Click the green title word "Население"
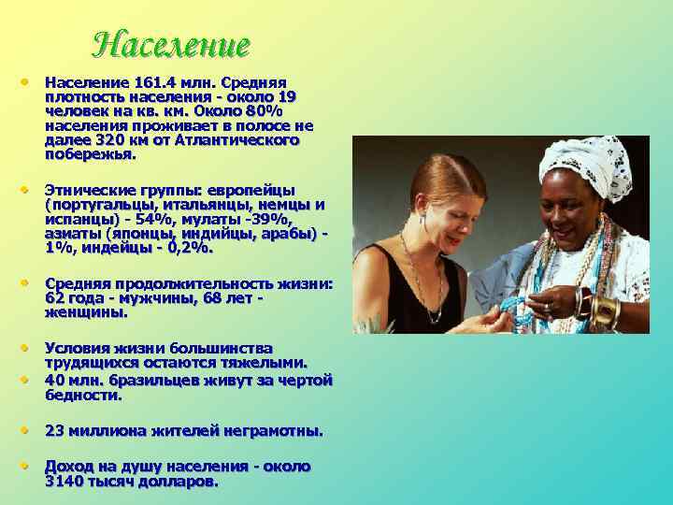172,44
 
